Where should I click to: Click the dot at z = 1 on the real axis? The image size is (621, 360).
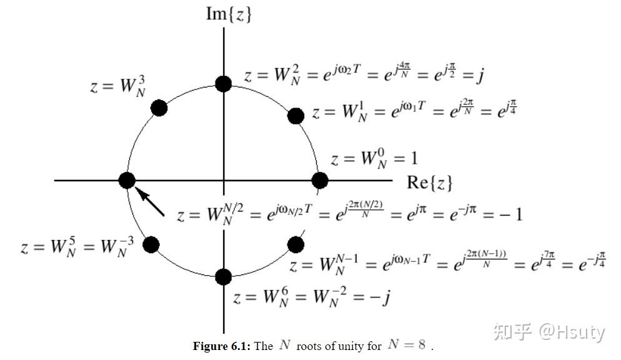pyautogui.click(x=319, y=181)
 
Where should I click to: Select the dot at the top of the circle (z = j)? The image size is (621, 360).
pyautogui.click(x=223, y=84)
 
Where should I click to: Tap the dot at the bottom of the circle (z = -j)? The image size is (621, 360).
pyautogui.click(x=223, y=276)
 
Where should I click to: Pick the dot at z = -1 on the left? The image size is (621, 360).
pyautogui.click(x=127, y=181)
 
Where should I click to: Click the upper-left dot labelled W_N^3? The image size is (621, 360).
pyautogui.click(x=159, y=107)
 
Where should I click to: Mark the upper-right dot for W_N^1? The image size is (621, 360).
pyautogui.click(x=296, y=116)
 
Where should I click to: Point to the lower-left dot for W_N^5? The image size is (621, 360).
pyautogui.click(x=151, y=244)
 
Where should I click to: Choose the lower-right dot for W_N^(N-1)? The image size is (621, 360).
pyautogui.click(x=295, y=244)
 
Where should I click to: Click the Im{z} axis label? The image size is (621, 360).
pyautogui.click(x=229, y=14)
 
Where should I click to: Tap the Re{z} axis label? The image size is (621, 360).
pyautogui.click(x=429, y=182)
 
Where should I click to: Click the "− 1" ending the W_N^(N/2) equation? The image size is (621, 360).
pyautogui.click(x=510, y=214)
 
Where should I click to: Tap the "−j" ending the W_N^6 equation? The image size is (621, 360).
pyautogui.click(x=379, y=297)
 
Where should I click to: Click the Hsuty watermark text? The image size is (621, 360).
pyautogui.click(x=572, y=332)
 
